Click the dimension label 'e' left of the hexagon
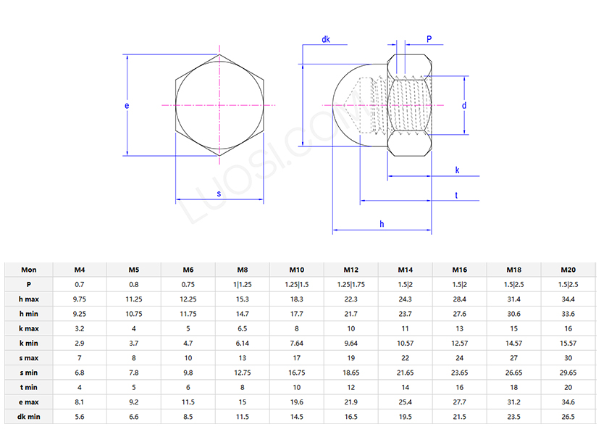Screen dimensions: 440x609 (127, 106)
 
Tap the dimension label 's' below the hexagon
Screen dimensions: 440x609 (219, 194)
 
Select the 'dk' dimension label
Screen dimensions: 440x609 (326, 40)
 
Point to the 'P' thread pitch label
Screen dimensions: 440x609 (429, 40)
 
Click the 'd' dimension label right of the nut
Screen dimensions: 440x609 (463, 106)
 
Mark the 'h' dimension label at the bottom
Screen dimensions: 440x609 (382, 224)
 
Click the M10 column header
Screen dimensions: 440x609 (297, 270)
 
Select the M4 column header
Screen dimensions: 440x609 (80, 270)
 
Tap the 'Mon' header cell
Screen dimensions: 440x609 (29, 270)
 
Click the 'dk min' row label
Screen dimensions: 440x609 (29, 417)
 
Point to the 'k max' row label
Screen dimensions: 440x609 (29, 328)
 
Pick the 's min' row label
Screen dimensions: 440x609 (29, 373)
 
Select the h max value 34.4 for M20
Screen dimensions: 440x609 (568, 299)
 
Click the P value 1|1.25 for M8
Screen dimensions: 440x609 (243, 284)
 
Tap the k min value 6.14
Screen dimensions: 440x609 (243, 343)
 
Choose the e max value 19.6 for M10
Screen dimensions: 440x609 (297, 402)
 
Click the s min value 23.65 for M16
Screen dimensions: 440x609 (460, 373)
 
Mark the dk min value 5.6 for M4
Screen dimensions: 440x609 (80, 417)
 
